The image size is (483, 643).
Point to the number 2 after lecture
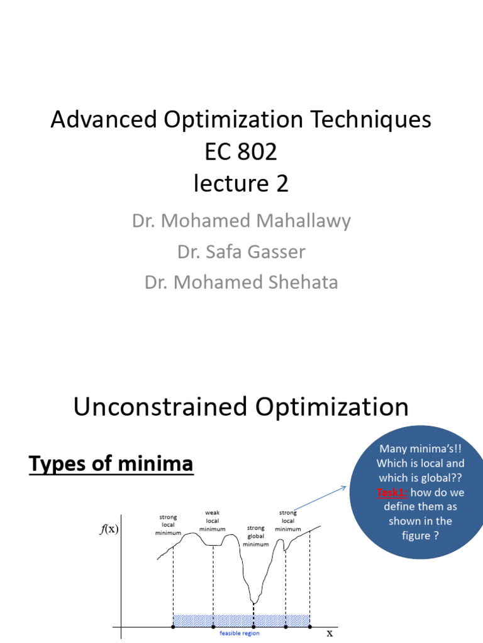282,183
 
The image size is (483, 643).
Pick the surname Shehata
297,283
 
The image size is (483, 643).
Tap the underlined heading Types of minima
111,465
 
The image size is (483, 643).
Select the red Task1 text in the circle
392,492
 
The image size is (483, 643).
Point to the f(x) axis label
109,529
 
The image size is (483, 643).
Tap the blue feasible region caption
239,634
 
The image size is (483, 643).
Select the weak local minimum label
212,521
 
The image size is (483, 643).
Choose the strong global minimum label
255,536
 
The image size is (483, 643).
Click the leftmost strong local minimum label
168,525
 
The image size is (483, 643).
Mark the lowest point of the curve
253,604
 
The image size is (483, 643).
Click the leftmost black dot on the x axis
173,627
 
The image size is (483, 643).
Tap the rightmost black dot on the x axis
309,627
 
